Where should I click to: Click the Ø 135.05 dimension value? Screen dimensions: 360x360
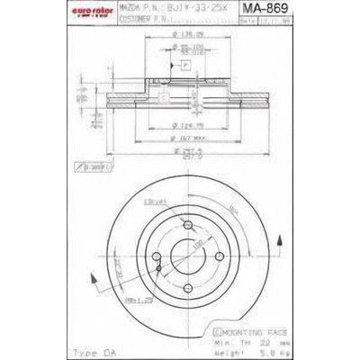click(188, 37)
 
